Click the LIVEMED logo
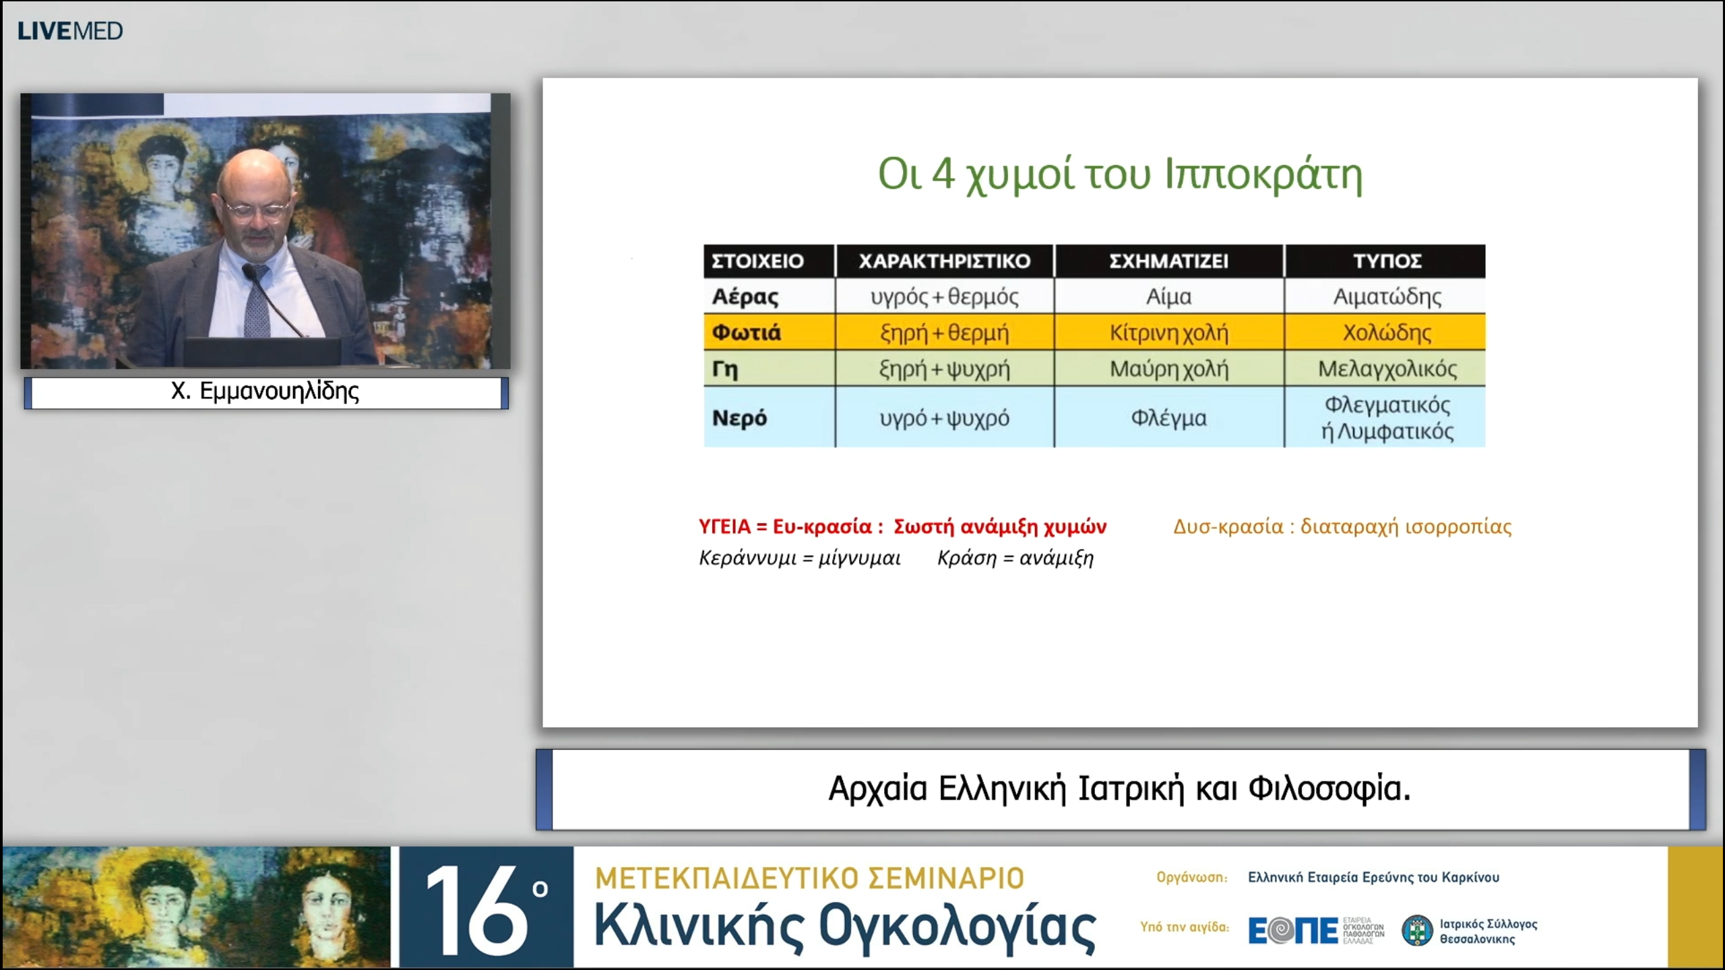tap(70, 31)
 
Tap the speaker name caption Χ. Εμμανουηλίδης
tap(265, 391)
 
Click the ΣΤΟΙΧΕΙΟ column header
tap(757, 261)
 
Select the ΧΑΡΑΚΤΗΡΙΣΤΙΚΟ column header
tap(944, 261)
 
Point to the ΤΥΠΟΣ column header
tap(1387, 261)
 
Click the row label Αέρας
tap(745, 297)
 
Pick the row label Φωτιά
tap(747, 333)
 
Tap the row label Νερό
tap(739, 418)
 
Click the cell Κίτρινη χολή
tap(1168, 333)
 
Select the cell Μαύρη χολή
tap(1168, 369)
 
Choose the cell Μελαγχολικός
tap(1387, 369)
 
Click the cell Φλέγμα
tap(1168, 418)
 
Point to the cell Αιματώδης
tap(1387, 297)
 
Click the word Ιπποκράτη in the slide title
tap(1263, 175)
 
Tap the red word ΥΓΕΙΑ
tap(724, 527)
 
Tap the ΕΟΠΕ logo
tap(1292, 931)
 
